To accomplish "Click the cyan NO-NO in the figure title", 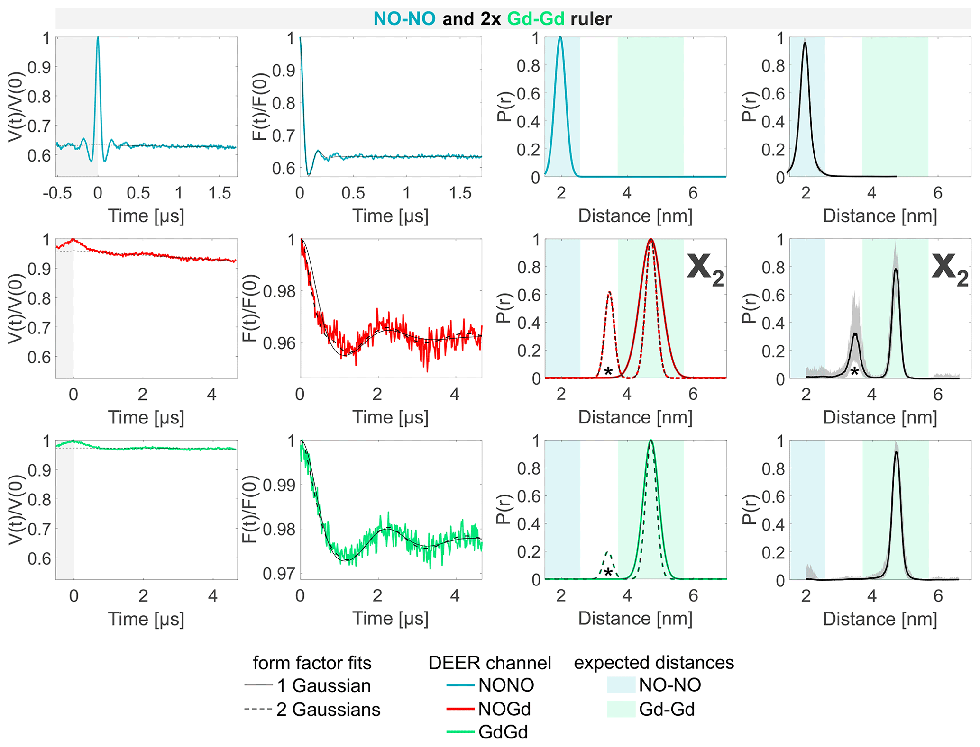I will [404, 19].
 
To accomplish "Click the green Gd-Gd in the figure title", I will [536, 19].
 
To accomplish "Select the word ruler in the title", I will [591, 19].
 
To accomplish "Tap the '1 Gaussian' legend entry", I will [331, 685].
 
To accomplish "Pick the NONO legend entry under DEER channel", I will [506, 685].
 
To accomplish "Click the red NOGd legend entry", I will [504, 709].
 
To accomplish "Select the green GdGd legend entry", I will [503, 732].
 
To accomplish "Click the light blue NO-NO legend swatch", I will [621, 685].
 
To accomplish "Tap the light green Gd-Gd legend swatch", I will [621, 709].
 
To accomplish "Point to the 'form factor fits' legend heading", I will [312, 663].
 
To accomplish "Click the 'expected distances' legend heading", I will [654, 663].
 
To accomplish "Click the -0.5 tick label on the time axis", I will [57, 193].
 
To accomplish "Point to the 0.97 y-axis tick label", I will [277, 574].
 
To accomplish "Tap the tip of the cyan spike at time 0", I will [98, 38].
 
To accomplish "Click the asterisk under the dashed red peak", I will [608, 371].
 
